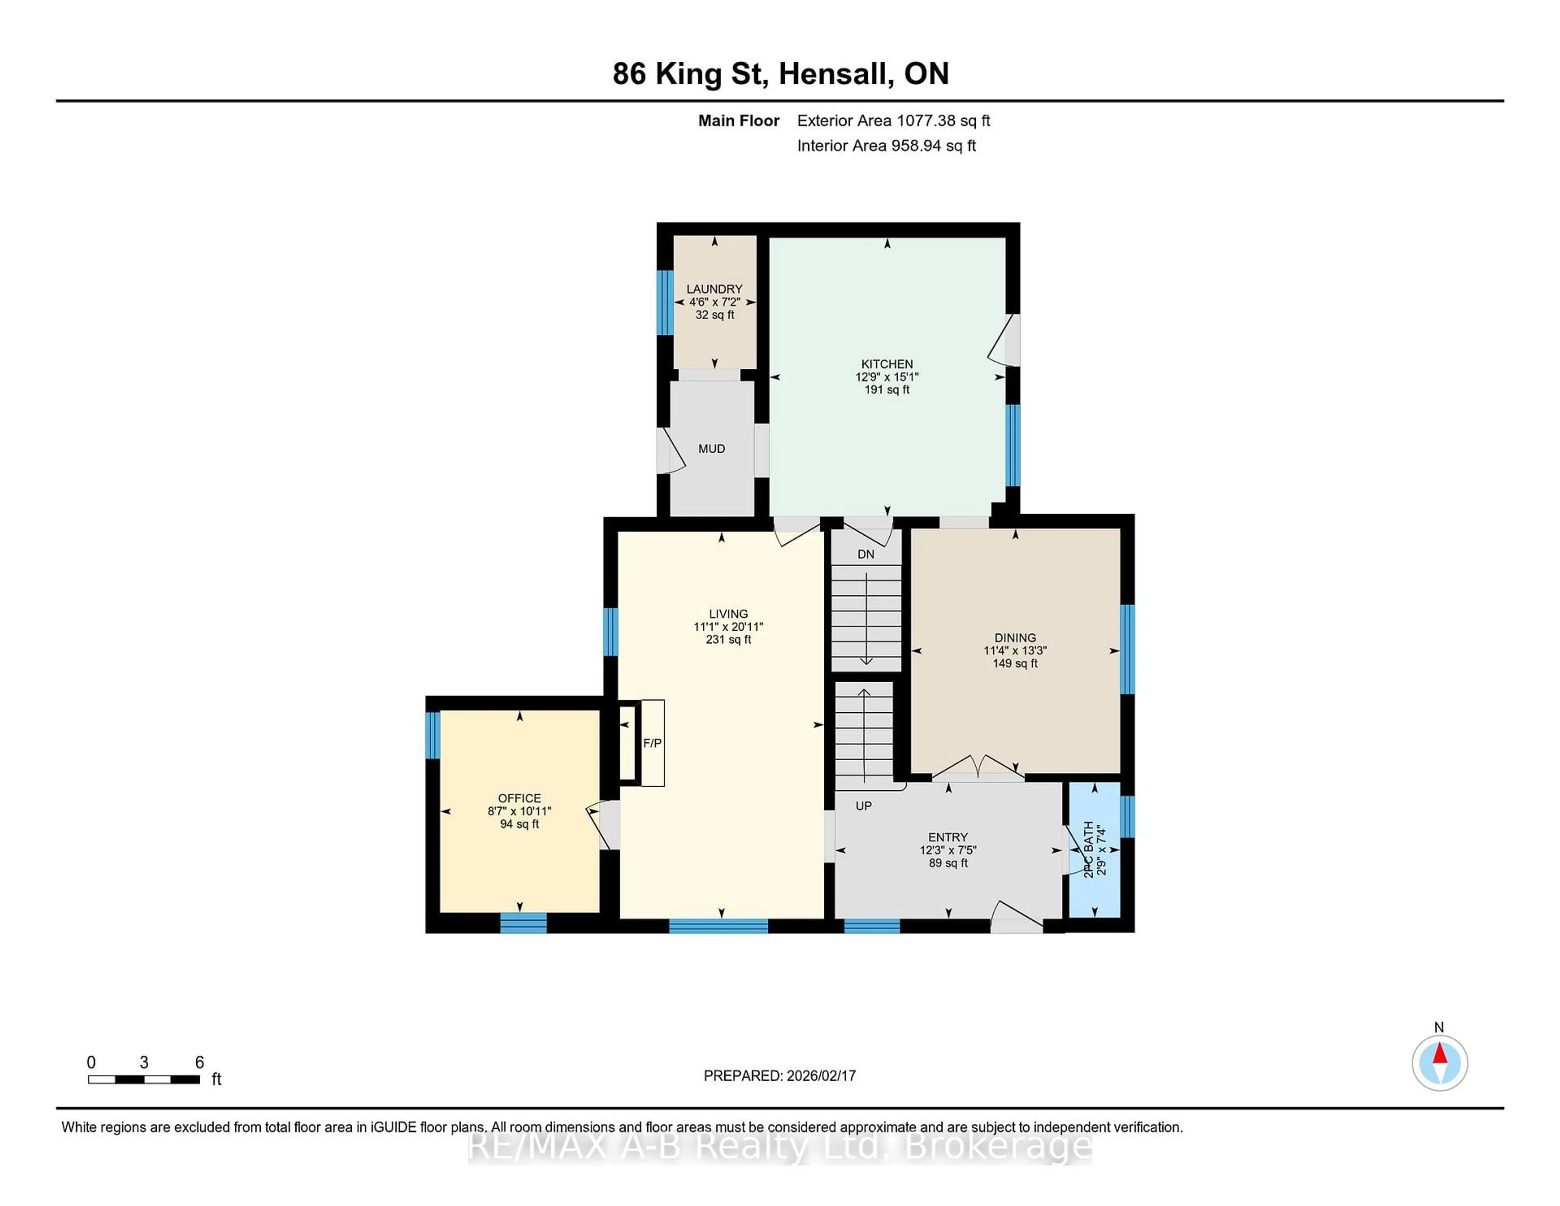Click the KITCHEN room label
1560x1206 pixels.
[886, 364]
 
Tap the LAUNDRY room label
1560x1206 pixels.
[714, 288]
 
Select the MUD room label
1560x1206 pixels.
[711, 449]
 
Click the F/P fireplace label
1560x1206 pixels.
[652, 743]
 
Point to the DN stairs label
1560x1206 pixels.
[866, 554]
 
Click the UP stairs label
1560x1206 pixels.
[864, 806]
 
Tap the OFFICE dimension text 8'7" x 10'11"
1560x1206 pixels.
[519, 811]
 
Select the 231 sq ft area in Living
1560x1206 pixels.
[728, 640]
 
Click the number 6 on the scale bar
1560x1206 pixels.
[199, 1063]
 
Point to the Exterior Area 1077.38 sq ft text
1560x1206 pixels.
[894, 121]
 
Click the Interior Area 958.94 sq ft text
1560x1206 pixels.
[886, 146]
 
